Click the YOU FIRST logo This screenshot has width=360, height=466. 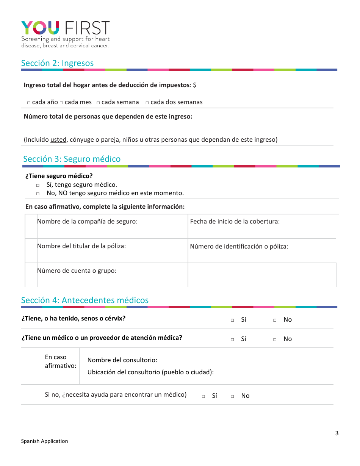[65, 34]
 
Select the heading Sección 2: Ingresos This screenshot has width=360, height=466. [57, 63]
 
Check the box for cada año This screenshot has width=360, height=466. [29, 103]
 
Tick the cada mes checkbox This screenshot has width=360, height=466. [61, 103]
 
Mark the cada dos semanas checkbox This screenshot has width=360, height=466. [147, 103]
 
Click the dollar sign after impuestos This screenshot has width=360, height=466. [194, 85]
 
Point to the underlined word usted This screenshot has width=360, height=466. [58, 139]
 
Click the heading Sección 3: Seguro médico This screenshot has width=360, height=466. [72, 159]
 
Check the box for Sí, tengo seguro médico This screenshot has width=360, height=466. [38, 185]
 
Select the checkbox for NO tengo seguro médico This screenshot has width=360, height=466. [38, 194]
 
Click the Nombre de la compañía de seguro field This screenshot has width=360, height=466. [112, 227]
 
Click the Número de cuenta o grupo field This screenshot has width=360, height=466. [112, 275]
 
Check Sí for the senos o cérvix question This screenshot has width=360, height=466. [232, 320]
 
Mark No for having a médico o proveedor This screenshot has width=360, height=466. [275, 339]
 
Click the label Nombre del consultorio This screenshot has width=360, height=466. [122, 360]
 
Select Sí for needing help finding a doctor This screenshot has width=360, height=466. [203, 396]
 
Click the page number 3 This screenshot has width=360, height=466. [337, 433]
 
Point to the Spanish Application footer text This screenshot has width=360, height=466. [44, 441]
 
